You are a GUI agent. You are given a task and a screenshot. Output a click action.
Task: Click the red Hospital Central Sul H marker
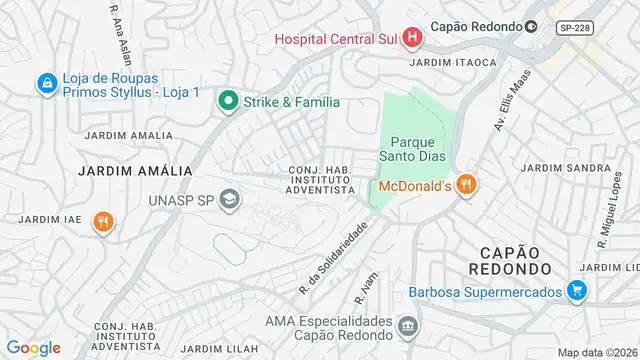(x=413, y=39)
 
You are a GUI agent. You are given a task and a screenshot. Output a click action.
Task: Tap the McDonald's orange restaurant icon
(x=465, y=185)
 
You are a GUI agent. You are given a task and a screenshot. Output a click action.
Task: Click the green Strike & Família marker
(x=228, y=101)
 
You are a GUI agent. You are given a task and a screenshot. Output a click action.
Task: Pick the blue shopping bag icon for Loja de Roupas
(x=46, y=84)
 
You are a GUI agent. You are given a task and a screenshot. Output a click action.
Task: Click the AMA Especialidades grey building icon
(x=408, y=326)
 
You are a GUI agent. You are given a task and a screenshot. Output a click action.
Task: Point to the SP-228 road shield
(x=574, y=28)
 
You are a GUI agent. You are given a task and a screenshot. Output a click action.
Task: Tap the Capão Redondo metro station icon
(x=531, y=27)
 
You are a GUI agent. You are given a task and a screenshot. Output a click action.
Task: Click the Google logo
(x=33, y=347)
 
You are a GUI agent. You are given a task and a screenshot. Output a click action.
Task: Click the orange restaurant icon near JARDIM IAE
(x=102, y=223)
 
